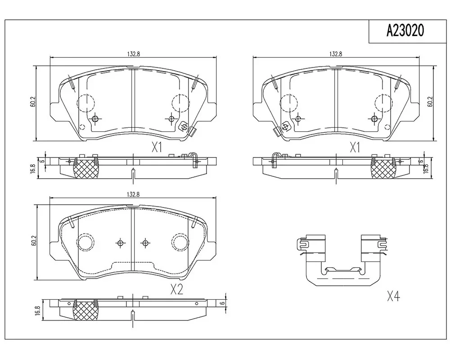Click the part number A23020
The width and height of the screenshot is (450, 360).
click(405, 31)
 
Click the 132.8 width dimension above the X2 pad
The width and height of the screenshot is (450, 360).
click(133, 194)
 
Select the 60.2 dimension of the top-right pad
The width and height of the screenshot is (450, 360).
click(430, 102)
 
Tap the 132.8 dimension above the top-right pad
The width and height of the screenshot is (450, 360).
click(336, 54)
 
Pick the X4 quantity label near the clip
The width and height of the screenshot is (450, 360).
click(393, 296)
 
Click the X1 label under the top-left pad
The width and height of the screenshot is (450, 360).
click(157, 148)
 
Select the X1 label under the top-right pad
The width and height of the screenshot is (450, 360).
click(355, 148)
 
